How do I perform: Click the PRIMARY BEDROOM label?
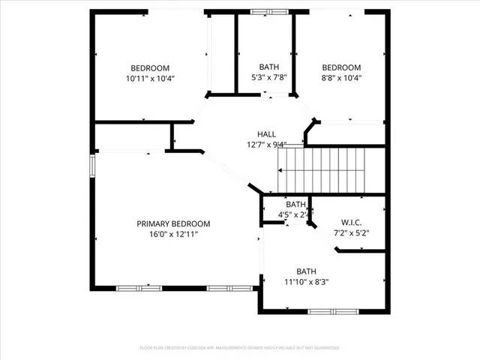[173, 223]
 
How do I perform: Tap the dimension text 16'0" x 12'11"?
[173, 234]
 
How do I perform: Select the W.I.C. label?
[351, 222]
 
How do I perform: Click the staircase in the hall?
[323, 169]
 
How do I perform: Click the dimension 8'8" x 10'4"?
[341, 77]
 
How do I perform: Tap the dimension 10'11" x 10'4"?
[150, 78]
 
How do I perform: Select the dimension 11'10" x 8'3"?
[306, 282]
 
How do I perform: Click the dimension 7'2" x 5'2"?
[351, 232]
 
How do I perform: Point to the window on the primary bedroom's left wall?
[93, 165]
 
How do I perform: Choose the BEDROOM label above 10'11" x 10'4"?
[150, 67]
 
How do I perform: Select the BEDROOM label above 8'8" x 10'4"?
[341, 67]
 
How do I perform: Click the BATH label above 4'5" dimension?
[295, 204]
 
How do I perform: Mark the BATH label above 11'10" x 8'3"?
[306, 271]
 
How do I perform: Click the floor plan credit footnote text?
[240, 348]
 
